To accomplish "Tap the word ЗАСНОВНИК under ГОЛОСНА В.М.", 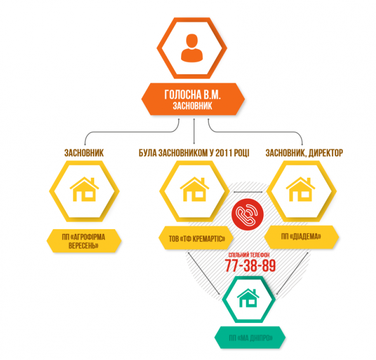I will (192, 107).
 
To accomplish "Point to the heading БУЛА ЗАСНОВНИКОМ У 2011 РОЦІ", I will (193, 153).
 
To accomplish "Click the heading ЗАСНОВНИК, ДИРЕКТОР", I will (305, 153).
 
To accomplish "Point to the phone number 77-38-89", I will (249, 266).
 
